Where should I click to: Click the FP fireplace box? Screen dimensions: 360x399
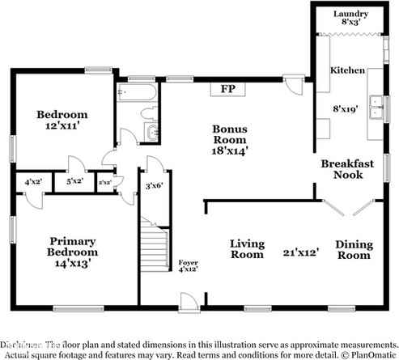click(227, 89)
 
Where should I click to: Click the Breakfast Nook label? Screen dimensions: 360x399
click(347, 169)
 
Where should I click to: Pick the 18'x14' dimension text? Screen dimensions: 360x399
click(230, 150)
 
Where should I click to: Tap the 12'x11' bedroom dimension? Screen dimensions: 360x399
click(62, 126)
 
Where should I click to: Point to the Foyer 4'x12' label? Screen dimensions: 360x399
click(188, 266)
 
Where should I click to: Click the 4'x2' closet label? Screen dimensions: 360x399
click(33, 183)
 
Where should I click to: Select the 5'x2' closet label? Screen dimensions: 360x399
click(74, 183)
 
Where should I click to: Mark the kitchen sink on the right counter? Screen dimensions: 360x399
click(375, 104)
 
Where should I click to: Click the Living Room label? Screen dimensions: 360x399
click(247, 248)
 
